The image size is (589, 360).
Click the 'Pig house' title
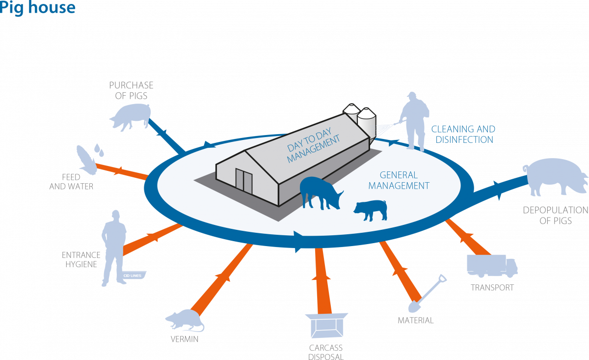coord(38,8)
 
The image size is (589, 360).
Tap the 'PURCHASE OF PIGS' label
coord(131,90)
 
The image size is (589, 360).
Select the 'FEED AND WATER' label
coord(71,182)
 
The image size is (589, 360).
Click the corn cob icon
coord(87,160)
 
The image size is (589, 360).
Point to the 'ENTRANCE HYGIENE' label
coord(81,259)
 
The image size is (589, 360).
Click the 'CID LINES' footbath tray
coord(134,276)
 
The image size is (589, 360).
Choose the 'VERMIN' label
coord(185,339)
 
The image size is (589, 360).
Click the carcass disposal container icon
coord(326,325)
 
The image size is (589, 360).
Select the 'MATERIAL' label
coord(415,320)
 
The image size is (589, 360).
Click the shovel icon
coord(428,293)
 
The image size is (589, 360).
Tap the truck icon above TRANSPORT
coord(492,266)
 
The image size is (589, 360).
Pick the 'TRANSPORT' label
coord(492,287)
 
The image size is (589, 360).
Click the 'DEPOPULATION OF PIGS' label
coord(556,215)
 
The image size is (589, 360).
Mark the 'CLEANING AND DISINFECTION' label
coord(463,134)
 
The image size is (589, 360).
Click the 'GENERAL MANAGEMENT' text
coord(399,180)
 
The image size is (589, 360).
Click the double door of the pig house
coord(244,181)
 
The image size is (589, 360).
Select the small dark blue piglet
coord(371,210)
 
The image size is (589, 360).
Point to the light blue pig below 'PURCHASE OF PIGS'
coord(131,116)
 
